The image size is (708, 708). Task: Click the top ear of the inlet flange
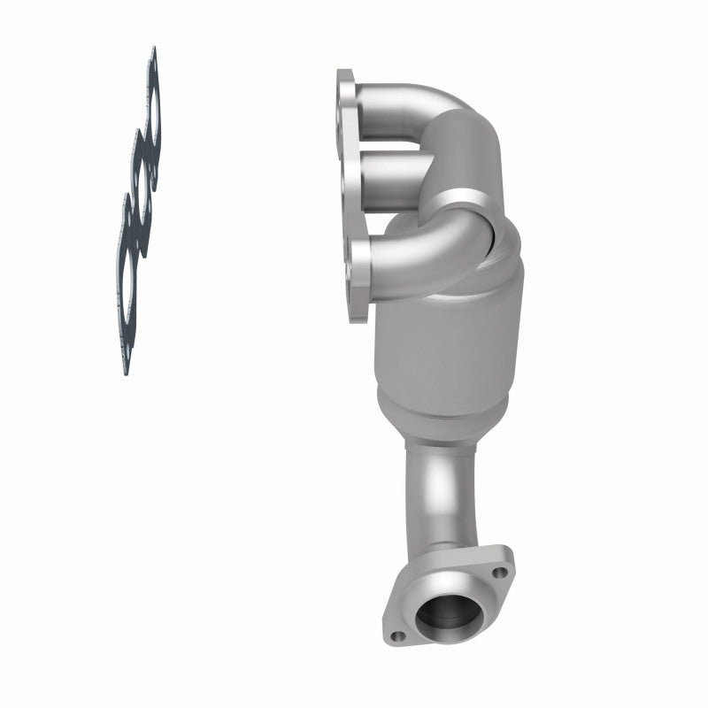[344, 80]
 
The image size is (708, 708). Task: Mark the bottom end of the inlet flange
[358, 314]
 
